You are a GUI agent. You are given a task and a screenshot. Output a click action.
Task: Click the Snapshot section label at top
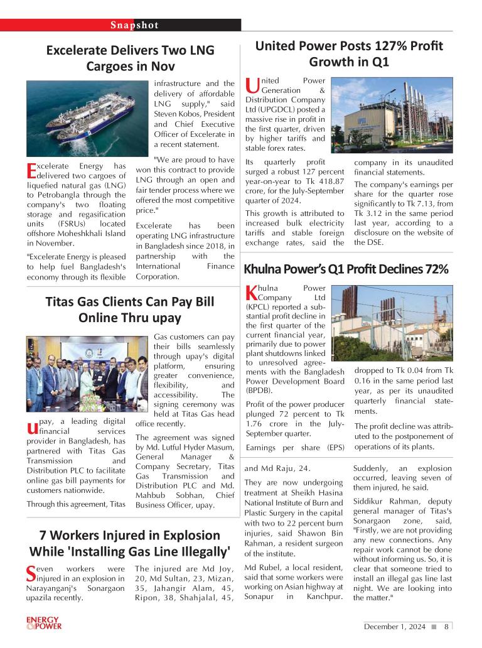tap(134, 25)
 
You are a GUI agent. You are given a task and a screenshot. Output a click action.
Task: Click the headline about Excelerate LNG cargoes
tap(130, 58)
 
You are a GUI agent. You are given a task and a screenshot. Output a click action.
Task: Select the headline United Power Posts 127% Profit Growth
tap(348, 54)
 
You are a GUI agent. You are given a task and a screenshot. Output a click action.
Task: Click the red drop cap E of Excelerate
tap(31, 170)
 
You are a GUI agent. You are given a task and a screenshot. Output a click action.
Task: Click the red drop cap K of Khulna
tap(251, 292)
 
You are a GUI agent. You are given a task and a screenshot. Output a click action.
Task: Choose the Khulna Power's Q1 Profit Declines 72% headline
tap(346, 269)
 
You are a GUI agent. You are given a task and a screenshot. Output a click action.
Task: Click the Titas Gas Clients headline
tap(130, 309)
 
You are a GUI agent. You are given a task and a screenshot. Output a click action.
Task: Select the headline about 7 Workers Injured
tap(130, 543)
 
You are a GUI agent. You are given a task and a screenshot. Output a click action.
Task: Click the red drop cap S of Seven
tap(32, 573)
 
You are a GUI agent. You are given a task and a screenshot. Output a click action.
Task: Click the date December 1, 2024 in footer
tap(395, 626)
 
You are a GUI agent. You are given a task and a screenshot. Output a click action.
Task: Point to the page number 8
tap(446, 626)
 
